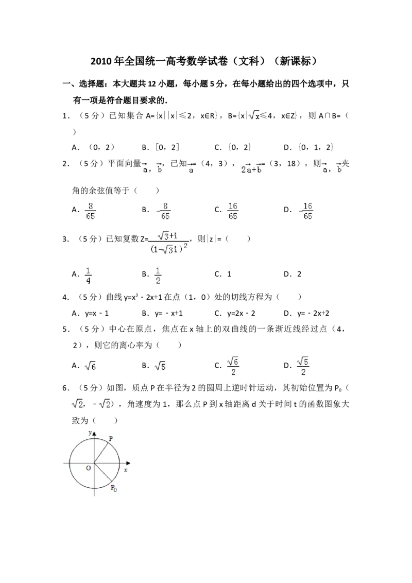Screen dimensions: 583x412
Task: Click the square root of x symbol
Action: point(254,115)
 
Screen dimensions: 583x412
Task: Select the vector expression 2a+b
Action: point(251,168)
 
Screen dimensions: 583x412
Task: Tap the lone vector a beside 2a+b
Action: point(190,168)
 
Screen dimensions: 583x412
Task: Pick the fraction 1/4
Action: point(89,276)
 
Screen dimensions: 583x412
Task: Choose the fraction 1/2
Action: point(159,276)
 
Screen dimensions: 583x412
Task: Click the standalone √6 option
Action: point(90,367)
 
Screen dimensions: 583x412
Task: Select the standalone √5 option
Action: point(160,367)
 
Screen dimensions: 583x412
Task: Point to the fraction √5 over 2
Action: point(304,367)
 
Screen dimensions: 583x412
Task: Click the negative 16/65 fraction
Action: point(307,210)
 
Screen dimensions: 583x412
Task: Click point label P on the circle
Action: point(111,438)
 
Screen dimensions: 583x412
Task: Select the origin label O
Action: point(88,468)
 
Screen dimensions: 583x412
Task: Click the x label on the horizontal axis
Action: point(125,470)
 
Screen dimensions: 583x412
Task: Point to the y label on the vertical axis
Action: point(90,433)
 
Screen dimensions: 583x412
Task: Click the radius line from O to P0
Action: point(103,473)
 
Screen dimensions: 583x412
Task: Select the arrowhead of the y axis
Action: point(94,434)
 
